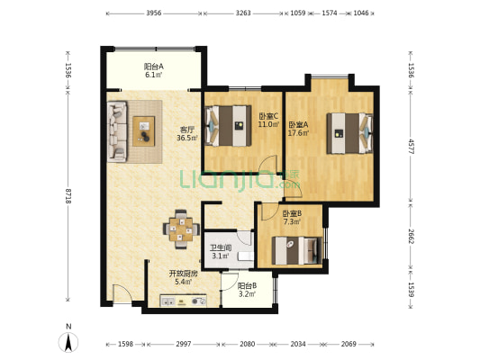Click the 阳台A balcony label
(154, 66)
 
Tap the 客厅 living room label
(186, 130)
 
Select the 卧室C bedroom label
(268, 116)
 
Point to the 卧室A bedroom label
(298, 125)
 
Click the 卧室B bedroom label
(292, 213)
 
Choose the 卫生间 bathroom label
(221, 247)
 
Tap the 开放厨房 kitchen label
(184, 274)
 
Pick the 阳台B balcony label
(247, 286)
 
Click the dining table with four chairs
(181, 229)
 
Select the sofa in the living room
(117, 131)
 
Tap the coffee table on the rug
(144, 131)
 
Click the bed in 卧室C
(228, 126)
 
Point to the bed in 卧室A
(349, 133)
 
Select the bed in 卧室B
(297, 250)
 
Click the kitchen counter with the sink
(183, 301)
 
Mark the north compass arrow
(68, 342)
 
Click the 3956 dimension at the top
(154, 13)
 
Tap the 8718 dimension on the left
(68, 196)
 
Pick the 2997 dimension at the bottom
(184, 344)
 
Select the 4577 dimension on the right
(412, 147)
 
